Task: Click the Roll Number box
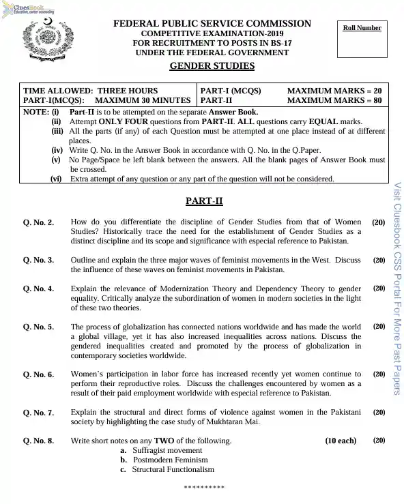click(362, 38)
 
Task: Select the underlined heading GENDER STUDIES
click(212, 66)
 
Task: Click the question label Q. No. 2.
click(39, 223)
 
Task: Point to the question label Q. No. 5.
click(39, 327)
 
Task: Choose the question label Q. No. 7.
click(39, 413)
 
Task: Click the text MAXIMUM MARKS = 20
click(334, 91)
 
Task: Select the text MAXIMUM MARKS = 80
click(334, 100)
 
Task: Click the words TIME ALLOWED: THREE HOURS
click(91, 91)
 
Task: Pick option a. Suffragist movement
click(161, 450)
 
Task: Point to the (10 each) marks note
click(341, 441)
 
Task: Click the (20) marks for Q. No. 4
click(379, 288)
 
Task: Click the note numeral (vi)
click(56, 179)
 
